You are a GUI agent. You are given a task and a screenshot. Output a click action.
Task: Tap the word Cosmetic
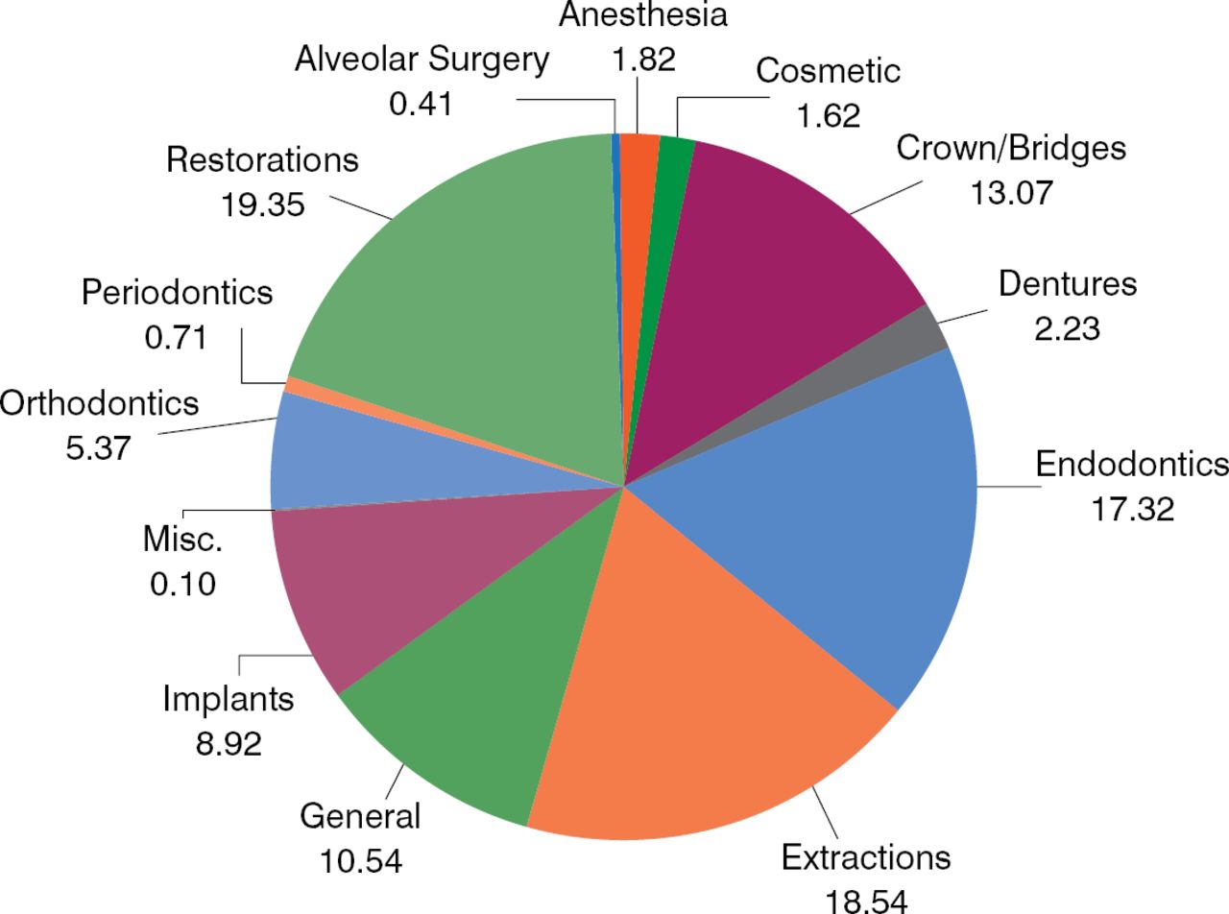828,71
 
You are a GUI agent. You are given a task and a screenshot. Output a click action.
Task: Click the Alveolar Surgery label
422,60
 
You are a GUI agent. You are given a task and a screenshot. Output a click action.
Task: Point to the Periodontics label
177,292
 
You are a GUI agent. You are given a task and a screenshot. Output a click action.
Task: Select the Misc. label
182,540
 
